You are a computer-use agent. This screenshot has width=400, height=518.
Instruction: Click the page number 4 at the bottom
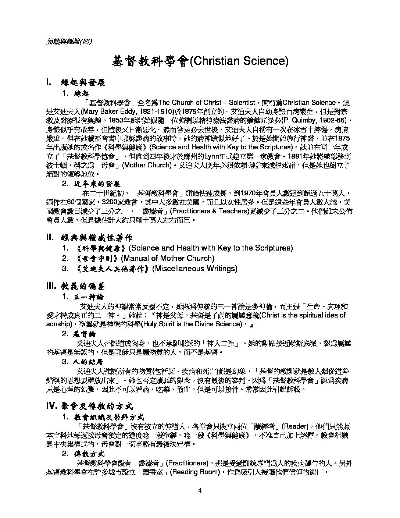200,490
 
